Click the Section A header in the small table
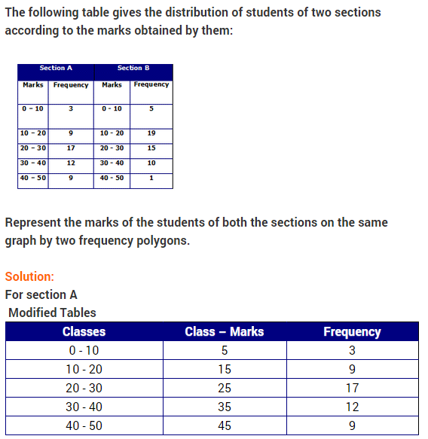point(56,69)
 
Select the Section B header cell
point(133,69)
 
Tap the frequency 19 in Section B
point(151,133)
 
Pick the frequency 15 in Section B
point(151,148)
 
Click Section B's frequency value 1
point(151,178)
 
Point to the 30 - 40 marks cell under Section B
point(112,163)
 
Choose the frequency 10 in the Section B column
point(151,163)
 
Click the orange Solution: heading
point(29,276)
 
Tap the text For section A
point(41,294)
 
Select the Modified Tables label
point(52,312)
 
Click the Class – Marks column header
point(225,331)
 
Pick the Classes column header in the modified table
point(84,331)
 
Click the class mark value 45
point(225,425)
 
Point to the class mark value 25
point(225,389)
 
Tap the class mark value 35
point(225,407)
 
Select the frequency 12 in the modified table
point(352,407)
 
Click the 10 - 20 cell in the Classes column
point(84,370)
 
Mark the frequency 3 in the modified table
point(352,351)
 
